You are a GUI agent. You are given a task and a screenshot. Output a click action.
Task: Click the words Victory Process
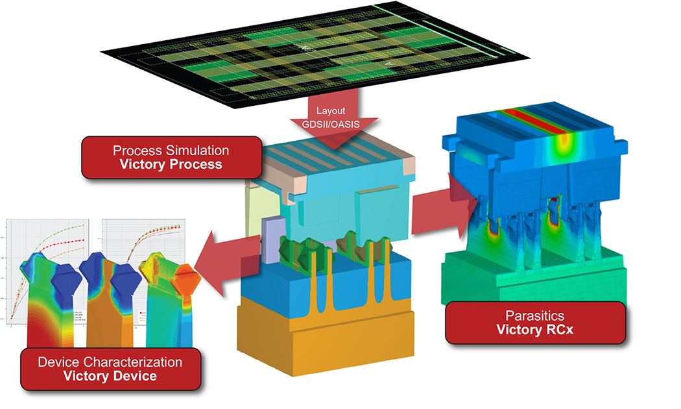171,164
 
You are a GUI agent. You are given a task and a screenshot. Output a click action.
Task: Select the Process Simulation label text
171,150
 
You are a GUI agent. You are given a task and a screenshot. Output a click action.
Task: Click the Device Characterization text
110,361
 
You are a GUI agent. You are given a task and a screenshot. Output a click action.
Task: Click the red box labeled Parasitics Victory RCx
535,322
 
